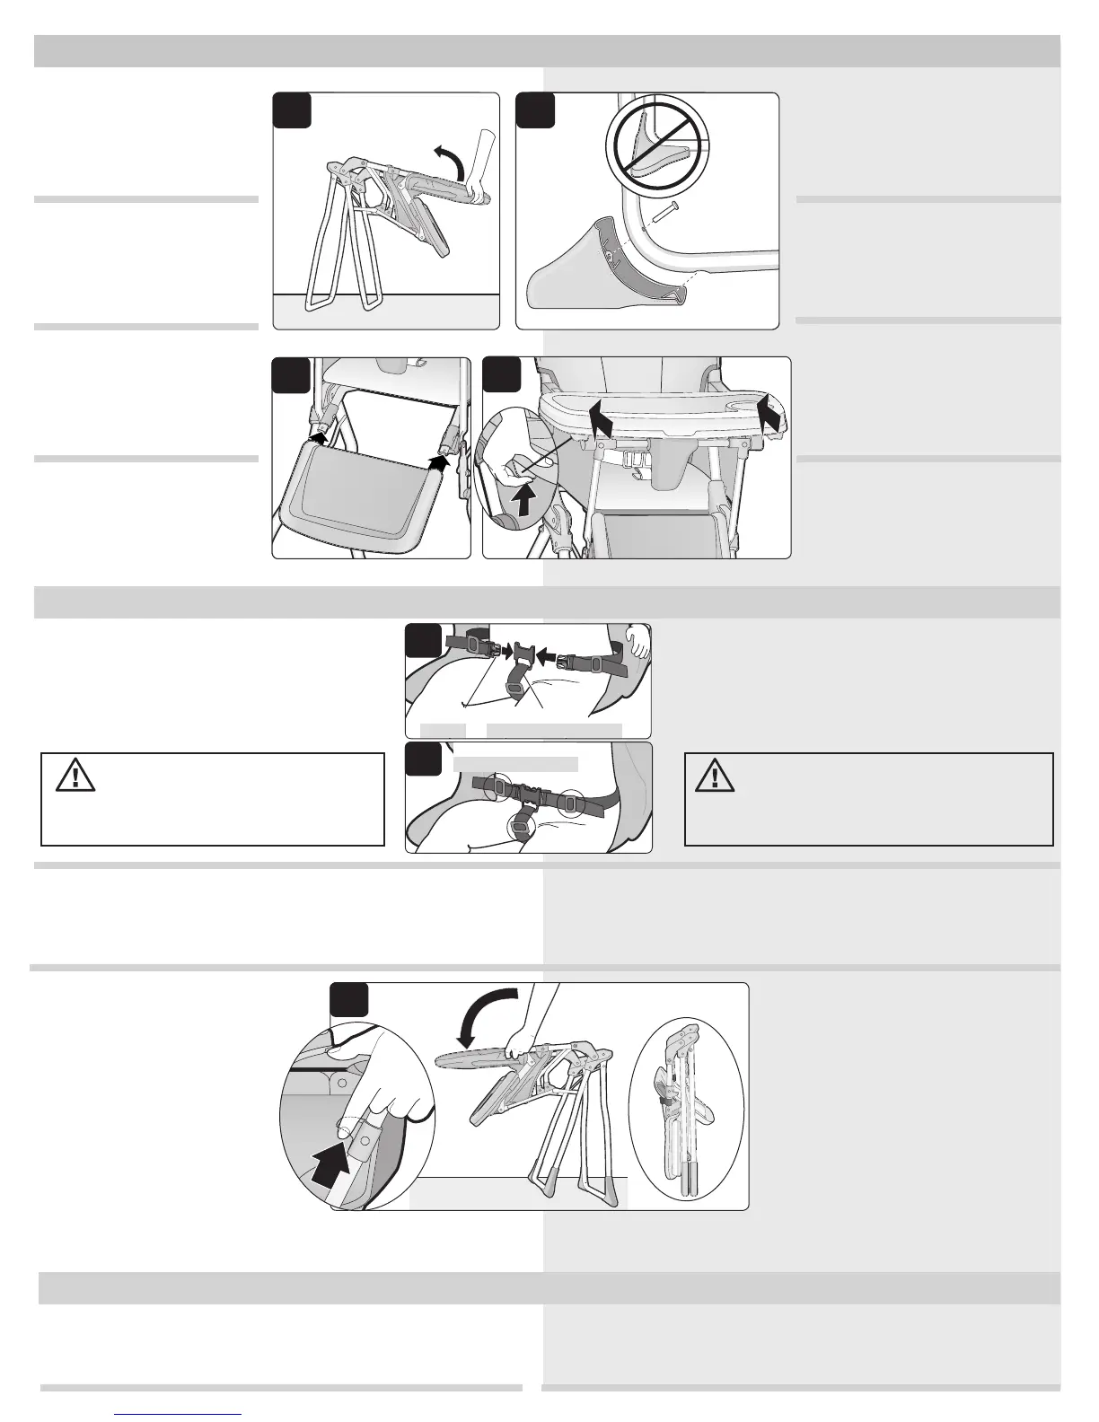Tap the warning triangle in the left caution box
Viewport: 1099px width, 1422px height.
(75, 777)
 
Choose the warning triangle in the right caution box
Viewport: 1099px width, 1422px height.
(717, 777)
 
